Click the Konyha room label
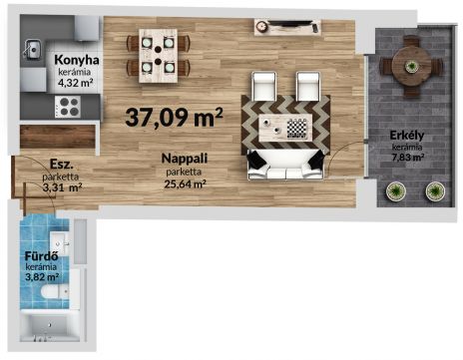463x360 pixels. [77, 60]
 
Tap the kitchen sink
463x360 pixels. [32, 50]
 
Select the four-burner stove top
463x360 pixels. [68, 107]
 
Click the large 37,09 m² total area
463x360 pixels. [174, 117]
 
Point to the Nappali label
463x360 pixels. [185, 159]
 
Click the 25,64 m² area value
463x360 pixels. [185, 183]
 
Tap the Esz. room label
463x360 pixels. [61, 164]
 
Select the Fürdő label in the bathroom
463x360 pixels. [42, 256]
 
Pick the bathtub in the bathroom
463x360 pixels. [50, 326]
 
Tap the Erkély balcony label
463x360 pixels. [407, 136]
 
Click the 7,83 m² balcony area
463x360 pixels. [408, 157]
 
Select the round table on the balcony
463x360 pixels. [411, 67]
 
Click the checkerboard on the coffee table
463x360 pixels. [296, 129]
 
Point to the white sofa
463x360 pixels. [285, 165]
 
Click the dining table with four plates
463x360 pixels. [158, 56]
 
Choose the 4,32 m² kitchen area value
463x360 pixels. [75, 83]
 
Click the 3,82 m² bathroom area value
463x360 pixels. [42, 276]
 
